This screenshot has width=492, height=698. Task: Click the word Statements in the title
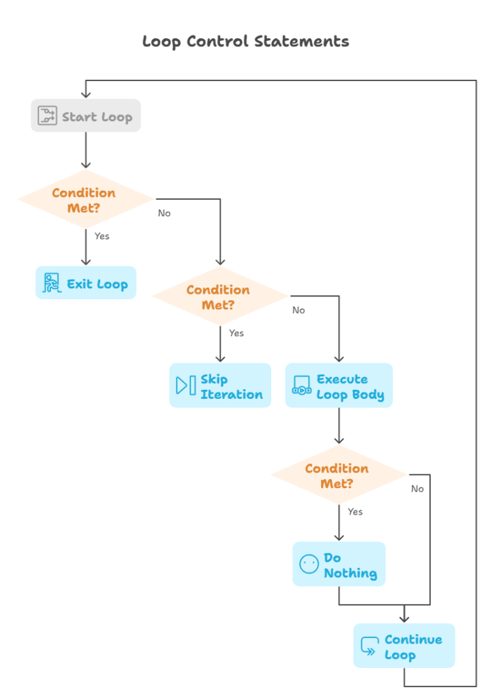[x=301, y=42]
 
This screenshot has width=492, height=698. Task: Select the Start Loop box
[x=86, y=116]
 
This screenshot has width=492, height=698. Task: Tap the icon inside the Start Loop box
[x=47, y=116]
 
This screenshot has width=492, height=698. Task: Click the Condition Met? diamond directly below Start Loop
[x=85, y=200]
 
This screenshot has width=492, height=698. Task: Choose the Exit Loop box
[x=86, y=284]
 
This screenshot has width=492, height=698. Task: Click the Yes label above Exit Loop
[x=102, y=237]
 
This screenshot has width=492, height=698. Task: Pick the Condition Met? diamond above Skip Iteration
[x=219, y=297]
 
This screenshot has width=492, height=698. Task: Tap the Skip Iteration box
[x=220, y=386]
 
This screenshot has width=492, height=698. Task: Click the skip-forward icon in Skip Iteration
[x=185, y=385]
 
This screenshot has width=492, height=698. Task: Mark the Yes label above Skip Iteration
[x=236, y=333]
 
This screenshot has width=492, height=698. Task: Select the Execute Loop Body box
[x=339, y=386]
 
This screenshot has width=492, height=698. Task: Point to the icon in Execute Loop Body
[x=301, y=386]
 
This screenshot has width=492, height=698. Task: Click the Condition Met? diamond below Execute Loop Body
[x=339, y=475]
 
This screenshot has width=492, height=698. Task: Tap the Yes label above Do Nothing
[x=355, y=512]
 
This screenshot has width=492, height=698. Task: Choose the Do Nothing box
[x=339, y=564]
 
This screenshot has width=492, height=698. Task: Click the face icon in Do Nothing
[x=309, y=564]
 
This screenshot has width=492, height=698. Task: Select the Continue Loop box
[x=404, y=646]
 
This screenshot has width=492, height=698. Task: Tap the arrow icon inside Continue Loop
[x=369, y=646]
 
